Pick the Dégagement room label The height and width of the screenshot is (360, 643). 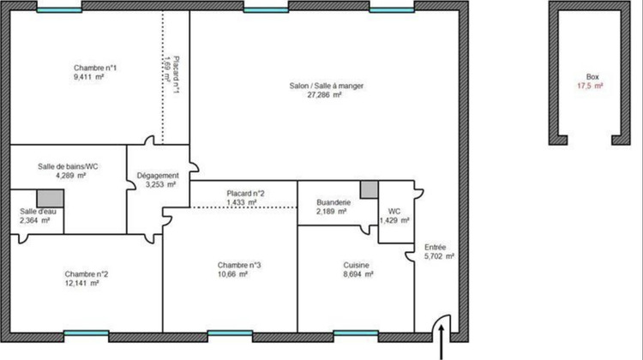157,175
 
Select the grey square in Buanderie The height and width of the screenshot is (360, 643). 369,189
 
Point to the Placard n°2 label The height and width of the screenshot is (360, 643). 245,194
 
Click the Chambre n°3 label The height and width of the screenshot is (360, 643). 239,266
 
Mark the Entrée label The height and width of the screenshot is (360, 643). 436,246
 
